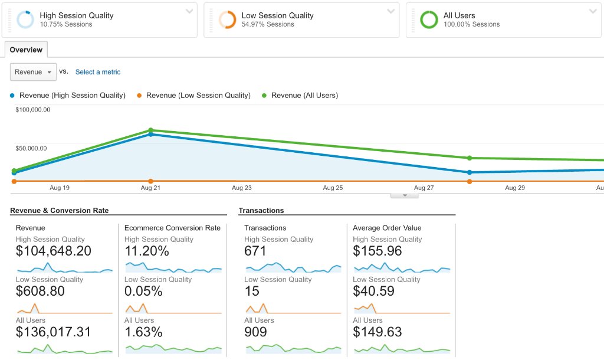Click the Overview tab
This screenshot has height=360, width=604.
coord(26,50)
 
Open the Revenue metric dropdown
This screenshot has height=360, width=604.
coord(33,72)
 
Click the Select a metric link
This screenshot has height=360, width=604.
coord(98,72)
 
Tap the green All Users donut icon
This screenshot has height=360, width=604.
coord(429,19)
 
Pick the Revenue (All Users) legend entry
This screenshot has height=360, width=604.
coord(300,95)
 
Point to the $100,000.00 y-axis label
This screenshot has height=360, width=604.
coord(33,109)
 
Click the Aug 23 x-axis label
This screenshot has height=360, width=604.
coord(241,188)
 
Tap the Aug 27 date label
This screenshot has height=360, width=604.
coord(424,188)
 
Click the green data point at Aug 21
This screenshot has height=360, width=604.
coord(150,130)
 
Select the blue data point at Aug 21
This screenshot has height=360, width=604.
coord(150,135)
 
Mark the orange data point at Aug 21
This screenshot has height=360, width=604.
coord(150,181)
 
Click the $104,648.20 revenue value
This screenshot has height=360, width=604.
coord(54,251)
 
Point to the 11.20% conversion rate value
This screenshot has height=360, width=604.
coord(147,251)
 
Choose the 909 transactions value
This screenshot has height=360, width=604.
coord(255,332)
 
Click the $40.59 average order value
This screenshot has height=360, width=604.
coord(373,291)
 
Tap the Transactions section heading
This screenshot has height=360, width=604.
coord(261,211)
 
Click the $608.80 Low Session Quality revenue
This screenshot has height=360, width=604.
coord(40,291)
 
